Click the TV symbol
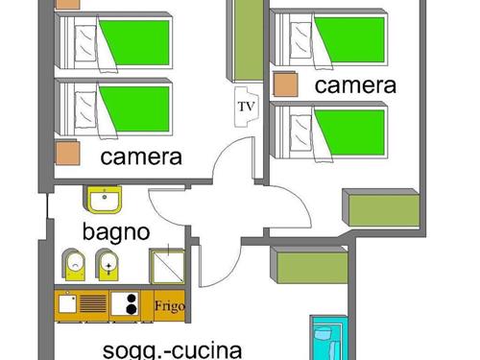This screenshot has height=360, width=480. coord(245,106)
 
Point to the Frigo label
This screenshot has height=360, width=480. coord(169,307)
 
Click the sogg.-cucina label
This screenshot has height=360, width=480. coord(173,349)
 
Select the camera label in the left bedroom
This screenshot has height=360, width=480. coord(141,157)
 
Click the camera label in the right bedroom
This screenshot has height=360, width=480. coord(355,85)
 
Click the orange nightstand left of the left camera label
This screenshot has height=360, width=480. coord(66,154)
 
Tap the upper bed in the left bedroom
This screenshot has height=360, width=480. coord(115,43)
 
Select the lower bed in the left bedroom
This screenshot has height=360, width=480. coord(115,107)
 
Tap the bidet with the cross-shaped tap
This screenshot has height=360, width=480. coord(108,263)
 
